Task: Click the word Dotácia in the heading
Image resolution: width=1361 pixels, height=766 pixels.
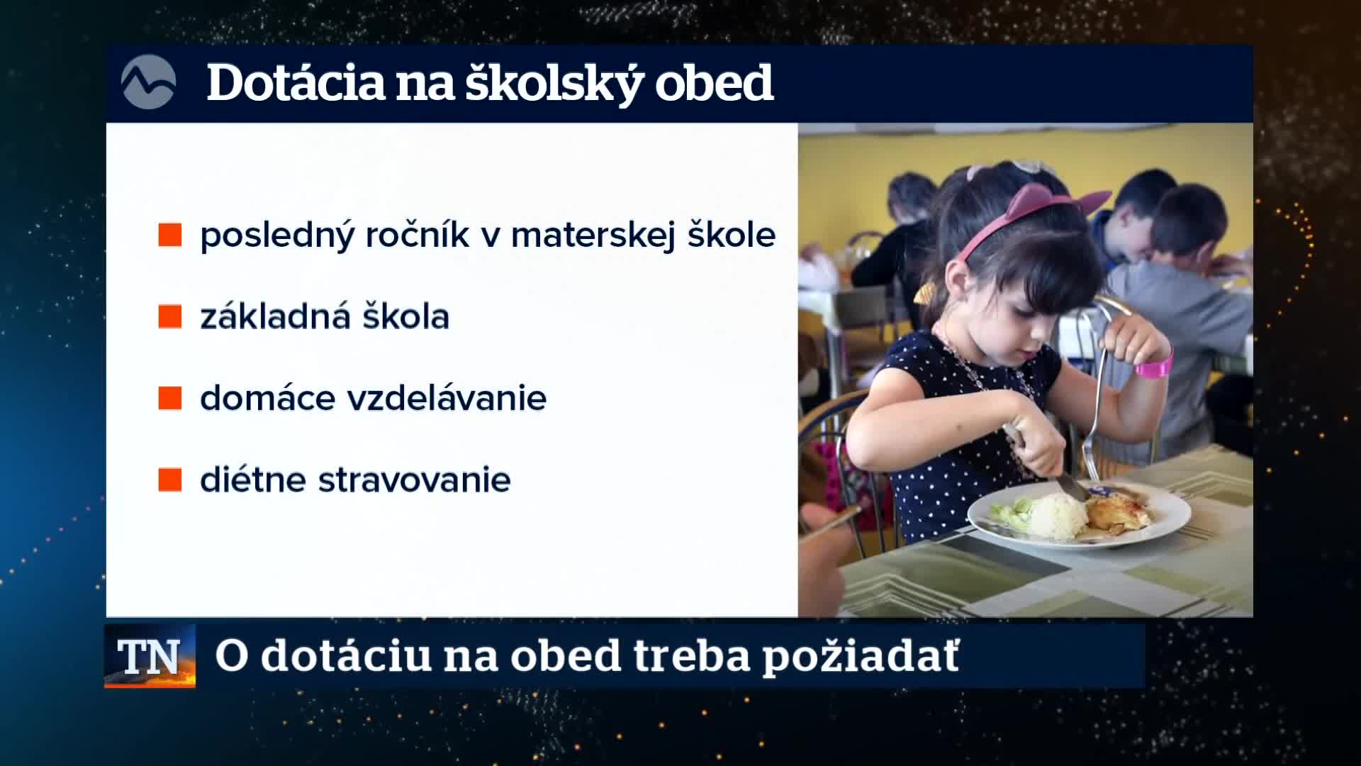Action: tap(294, 84)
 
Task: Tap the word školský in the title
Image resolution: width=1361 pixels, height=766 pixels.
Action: tap(553, 84)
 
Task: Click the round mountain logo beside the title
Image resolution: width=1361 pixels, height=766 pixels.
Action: tap(148, 82)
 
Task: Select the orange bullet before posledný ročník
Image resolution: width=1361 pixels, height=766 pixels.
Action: tap(170, 235)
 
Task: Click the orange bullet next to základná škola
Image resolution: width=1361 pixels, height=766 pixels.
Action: tap(170, 316)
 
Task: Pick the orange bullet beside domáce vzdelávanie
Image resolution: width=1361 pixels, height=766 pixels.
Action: tap(170, 398)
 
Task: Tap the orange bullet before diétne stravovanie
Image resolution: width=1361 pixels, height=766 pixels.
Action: tap(170, 479)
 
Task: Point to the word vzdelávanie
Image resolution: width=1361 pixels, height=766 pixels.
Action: tap(447, 399)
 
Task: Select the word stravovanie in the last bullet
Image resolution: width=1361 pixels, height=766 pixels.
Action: tap(415, 480)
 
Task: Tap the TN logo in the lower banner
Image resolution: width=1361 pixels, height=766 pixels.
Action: tap(150, 656)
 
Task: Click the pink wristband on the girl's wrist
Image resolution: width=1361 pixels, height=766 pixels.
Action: tap(1155, 365)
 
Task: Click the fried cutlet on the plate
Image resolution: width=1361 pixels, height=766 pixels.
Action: tap(1119, 512)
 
